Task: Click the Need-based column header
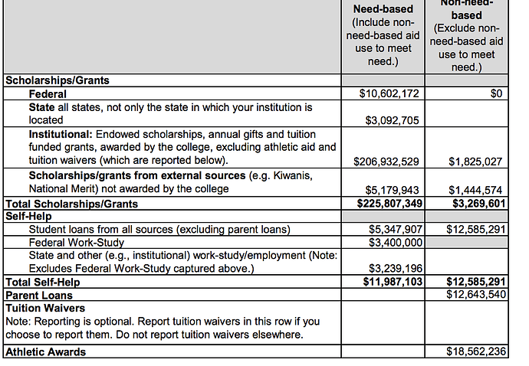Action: tap(381, 9)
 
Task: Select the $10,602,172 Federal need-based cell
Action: tap(388, 93)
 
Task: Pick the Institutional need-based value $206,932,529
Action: tap(386, 162)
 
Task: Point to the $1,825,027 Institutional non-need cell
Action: tap(475, 162)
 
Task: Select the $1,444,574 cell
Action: tap(475, 189)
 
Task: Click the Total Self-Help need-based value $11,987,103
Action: tap(388, 283)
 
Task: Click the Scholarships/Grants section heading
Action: tap(58, 80)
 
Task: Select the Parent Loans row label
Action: tap(39, 296)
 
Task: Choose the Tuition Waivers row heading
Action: tap(44, 309)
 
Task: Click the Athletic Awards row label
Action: tap(46, 351)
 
